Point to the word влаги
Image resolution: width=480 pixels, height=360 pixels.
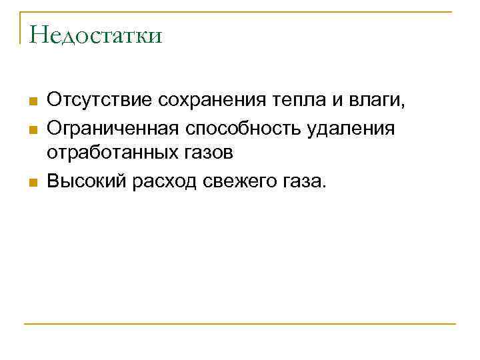click(377, 101)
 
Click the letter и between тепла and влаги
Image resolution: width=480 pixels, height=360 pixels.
click(337, 101)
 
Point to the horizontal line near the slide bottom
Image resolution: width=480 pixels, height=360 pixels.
click(240, 324)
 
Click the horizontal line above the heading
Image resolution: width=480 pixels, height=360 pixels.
click(240, 11)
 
